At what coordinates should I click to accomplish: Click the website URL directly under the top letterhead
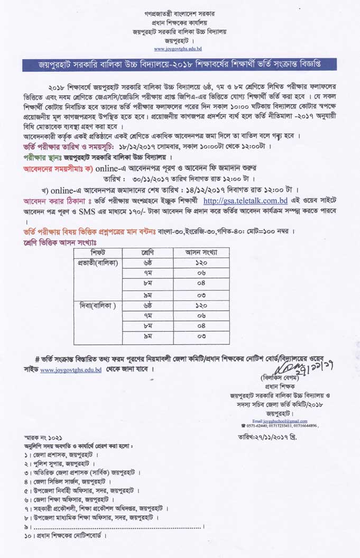[178, 49]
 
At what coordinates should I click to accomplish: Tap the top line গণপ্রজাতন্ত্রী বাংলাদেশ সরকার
[179, 12]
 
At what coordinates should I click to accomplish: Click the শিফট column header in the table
[98, 252]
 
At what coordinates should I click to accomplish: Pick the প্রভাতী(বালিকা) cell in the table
[98, 262]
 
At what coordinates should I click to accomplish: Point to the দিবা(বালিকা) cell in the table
[98, 306]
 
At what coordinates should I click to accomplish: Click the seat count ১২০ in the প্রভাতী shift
[201, 263]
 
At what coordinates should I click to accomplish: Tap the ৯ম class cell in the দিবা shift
[148, 336]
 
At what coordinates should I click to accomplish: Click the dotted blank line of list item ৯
[116, 527]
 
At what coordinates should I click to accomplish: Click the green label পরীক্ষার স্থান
[42, 158]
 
